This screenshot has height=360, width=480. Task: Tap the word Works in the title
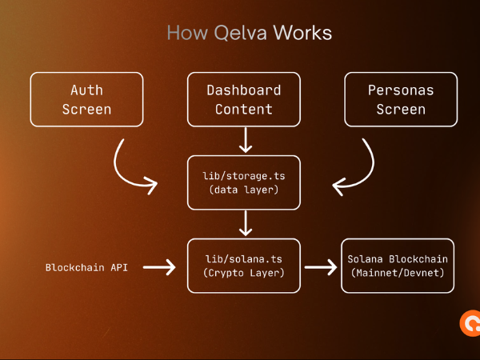point(302,33)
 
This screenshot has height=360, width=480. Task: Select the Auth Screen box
point(87,99)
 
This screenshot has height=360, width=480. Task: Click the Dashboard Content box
point(244,99)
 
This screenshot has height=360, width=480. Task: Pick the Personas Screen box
point(401,99)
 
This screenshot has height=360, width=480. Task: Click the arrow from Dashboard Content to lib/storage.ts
point(244,139)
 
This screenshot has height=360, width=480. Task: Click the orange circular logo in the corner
point(470,323)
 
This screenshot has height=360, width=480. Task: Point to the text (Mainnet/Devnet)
point(398,274)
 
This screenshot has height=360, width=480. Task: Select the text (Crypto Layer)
point(244,274)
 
